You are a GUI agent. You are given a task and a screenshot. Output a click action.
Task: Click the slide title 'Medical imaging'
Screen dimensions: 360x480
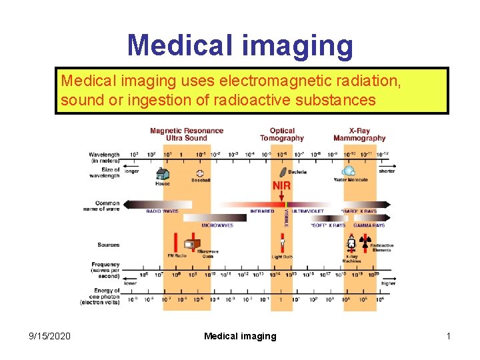(x=240, y=45)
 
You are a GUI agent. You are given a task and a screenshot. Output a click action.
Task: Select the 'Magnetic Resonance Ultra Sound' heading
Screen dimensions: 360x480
(x=187, y=134)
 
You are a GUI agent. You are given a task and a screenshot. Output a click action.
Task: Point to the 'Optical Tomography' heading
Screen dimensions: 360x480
(x=282, y=134)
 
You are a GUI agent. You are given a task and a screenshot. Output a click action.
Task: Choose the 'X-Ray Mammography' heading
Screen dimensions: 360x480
(x=359, y=134)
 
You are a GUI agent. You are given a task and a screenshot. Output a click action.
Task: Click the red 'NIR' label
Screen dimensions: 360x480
(x=281, y=185)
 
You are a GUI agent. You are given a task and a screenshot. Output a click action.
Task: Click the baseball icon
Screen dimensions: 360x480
(x=200, y=173)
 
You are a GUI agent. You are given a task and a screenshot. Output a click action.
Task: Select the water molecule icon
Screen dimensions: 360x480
(x=349, y=171)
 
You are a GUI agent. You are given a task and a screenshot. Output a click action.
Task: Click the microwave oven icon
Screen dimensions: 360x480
(x=191, y=245)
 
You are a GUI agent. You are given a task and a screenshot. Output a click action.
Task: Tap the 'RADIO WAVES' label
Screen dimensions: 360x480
(x=162, y=211)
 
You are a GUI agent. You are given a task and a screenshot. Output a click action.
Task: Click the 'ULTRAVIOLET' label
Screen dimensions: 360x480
(x=307, y=211)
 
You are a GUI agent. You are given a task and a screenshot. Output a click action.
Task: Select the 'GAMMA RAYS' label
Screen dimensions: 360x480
(x=368, y=225)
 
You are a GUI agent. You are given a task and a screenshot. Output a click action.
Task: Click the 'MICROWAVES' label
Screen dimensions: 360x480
(x=217, y=225)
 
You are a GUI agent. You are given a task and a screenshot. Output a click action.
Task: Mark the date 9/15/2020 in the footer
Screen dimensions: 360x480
(x=48, y=336)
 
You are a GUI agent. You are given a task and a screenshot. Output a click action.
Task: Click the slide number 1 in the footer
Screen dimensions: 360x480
(x=449, y=336)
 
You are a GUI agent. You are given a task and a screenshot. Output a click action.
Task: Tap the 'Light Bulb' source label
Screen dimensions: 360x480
(x=281, y=257)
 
